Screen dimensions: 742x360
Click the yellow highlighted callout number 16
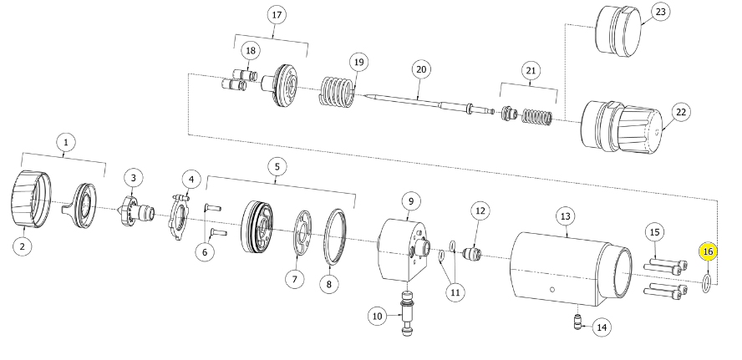pyautogui.click(x=708, y=251)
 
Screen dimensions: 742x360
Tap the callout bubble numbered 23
pyautogui.click(x=660, y=12)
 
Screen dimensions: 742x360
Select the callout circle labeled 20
pyautogui.click(x=421, y=69)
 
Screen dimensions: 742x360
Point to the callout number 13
pyautogui.click(x=566, y=216)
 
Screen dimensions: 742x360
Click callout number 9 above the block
pyautogui.click(x=411, y=201)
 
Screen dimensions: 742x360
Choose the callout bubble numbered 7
pyautogui.click(x=295, y=279)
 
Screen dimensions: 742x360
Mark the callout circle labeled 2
pyautogui.click(x=23, y=246)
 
